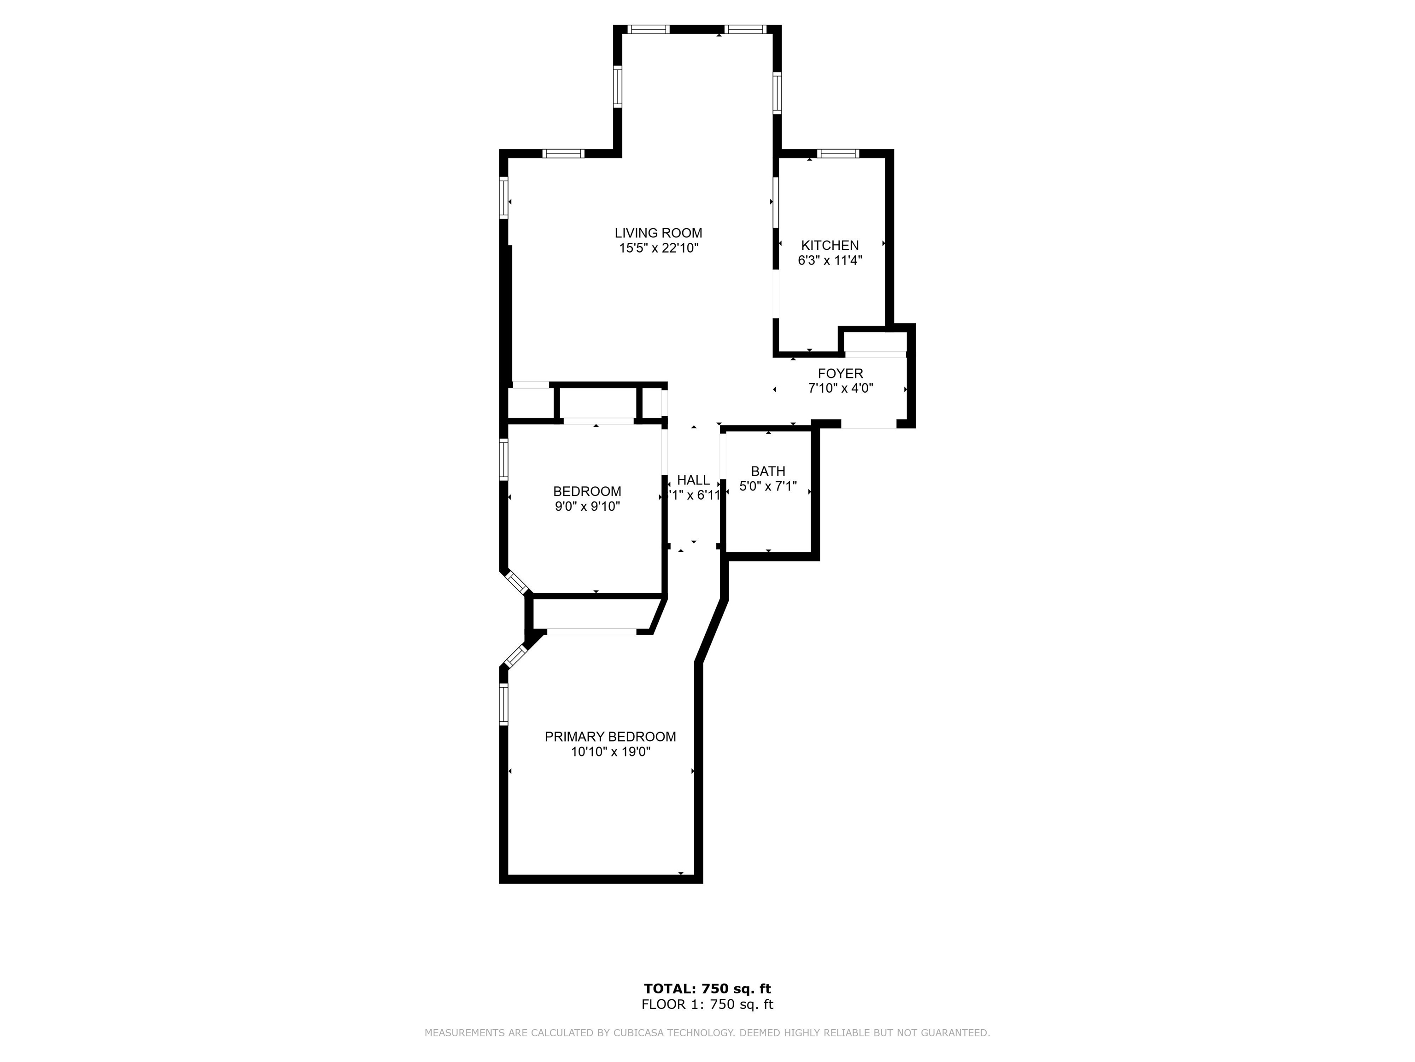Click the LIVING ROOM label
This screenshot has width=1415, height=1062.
[x=658, y=233]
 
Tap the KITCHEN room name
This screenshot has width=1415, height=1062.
[x=830, y=245]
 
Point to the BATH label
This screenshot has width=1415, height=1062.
[x=768, y=471]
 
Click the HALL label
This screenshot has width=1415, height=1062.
[x=693, y=480]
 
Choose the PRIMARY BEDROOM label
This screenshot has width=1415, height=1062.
[x=610, y=737]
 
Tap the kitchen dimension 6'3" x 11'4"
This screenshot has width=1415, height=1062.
[x=830, y=260]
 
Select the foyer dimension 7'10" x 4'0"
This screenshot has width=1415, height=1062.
[x=841, y=388]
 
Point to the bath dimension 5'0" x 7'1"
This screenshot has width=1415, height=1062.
[x=768, y=486]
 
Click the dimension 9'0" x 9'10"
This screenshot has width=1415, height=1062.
[x=587, y=507]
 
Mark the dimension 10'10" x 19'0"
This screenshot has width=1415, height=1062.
[x=610, y=752]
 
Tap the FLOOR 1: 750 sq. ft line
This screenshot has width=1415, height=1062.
[x=707, y=1004]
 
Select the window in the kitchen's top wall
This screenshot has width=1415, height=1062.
[x=838, y=153]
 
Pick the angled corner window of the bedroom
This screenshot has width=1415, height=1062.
[x=517, y=583]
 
